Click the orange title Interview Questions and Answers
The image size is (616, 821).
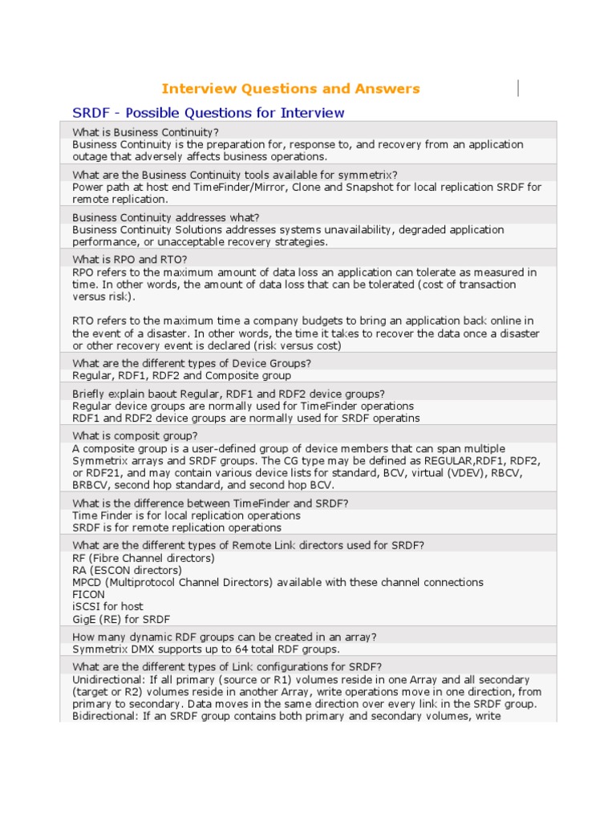pyautogui.click(x=290, y=88)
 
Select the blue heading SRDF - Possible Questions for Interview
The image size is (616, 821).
pyautogui.click(x=209, y=112)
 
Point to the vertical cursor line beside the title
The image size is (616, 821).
pyautogui.click(x=519, y=88)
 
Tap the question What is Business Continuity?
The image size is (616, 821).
pyautogui.click(x=145, y=131)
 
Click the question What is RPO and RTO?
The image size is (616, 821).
pyautogui.click(x=129, y=259)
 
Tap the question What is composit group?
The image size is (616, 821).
pyautogui.click(x=135, y=435)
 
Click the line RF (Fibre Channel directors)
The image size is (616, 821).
pyautogui.click(x=144, y=557)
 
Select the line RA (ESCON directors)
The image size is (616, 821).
pyautogui.click(x=127, y=570)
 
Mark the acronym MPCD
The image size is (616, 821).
pyautogui.click(x=87, y=582)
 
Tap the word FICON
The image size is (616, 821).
pyautogui.click(x=88, y=594)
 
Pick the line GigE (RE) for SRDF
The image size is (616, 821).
pyautogui.click(x=121, y=619)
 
